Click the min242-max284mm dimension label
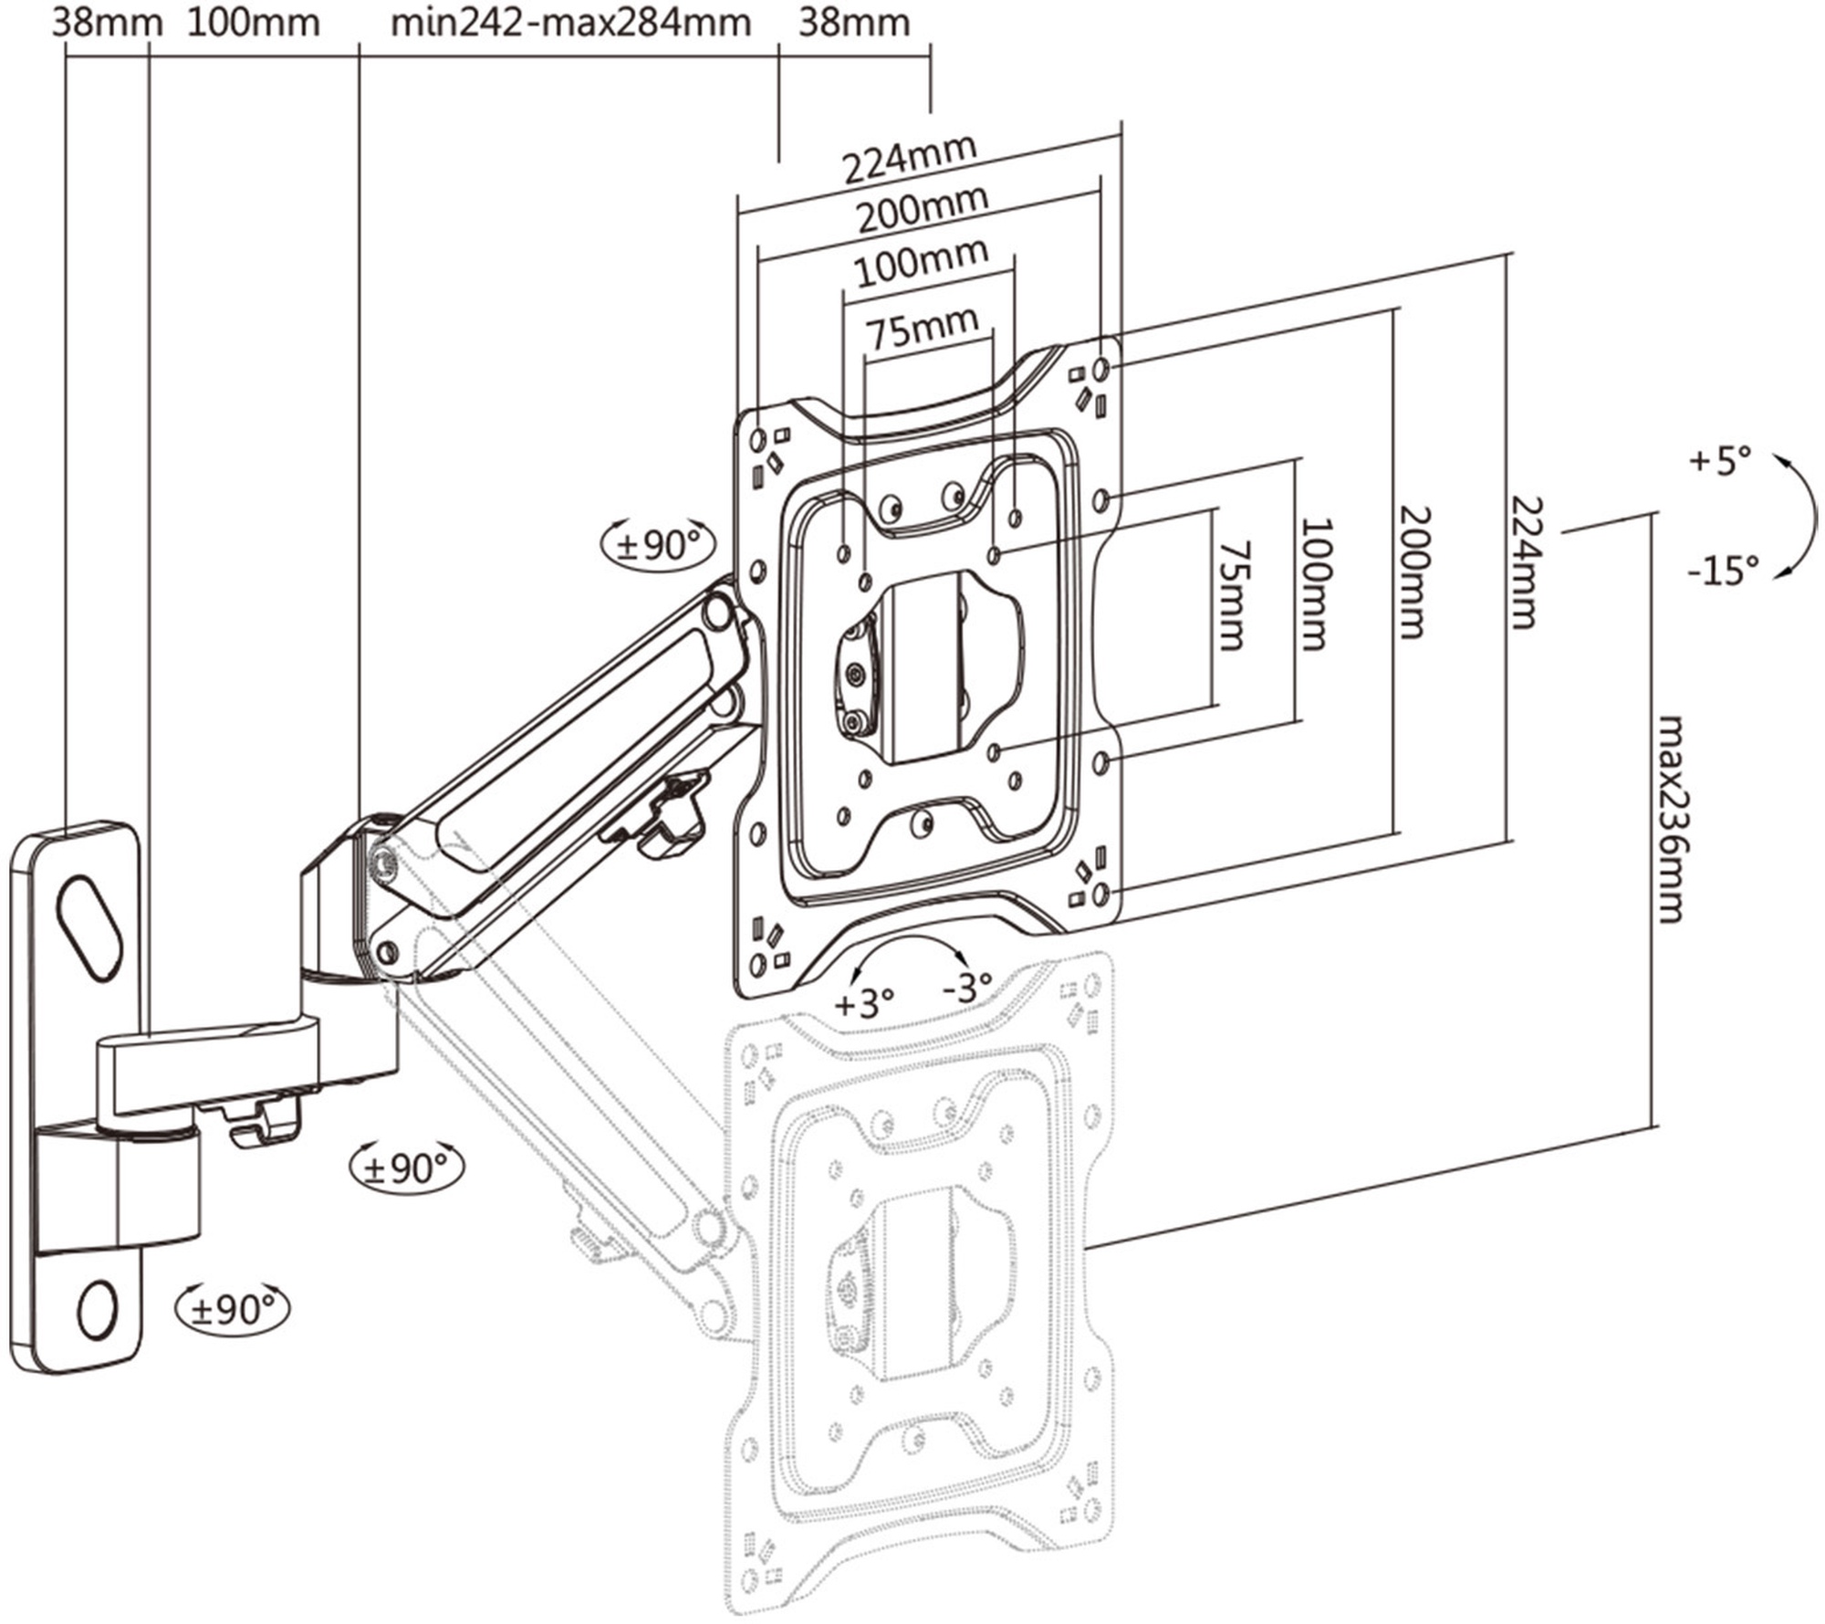point(570,23)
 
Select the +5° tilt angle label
point(1720,460)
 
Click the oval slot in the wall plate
point(89,928)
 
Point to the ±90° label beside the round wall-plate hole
point(232,1309)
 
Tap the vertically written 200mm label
point(1412,571)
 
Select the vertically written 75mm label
point(1232,595)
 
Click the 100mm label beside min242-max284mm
point(254,23)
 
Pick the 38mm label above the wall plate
point(107,23)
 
